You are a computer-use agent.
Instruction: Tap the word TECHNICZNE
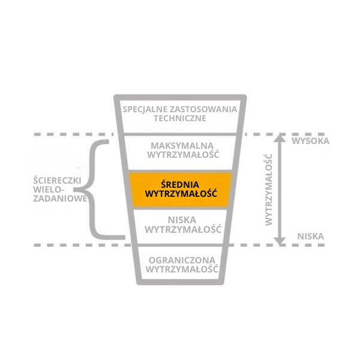coord(180,118)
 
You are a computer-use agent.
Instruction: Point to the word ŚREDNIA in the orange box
coord(180,184)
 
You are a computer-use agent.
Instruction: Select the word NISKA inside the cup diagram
coord(180,220)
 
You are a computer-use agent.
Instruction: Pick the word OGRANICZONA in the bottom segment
coord(180,260)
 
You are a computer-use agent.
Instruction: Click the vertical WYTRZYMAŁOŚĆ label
coord(268,188)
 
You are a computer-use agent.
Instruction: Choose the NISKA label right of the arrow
coord(310,236)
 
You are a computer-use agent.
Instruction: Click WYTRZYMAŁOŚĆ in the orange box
coord(180,194)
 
